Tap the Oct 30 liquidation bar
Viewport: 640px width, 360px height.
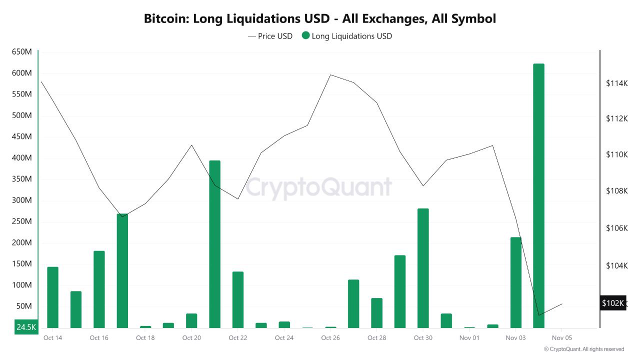tap(423, 268)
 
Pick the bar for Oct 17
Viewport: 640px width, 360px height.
tap(122, 270)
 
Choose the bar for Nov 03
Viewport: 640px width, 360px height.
tap(515, 282)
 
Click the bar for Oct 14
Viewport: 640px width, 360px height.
tap(52, 297)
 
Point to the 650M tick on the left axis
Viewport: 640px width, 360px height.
tap(21, 52)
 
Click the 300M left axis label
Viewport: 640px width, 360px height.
tap(21, 200)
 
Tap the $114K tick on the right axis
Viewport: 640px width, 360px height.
tap(616, 83)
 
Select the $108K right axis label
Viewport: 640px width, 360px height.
tap(616, 191)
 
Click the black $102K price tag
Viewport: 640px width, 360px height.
tap(612, 303)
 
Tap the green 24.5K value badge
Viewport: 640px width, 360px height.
tap(26, 327)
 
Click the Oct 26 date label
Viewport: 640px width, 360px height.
tap(330, 338)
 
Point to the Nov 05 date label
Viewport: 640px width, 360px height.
tap(561, 338)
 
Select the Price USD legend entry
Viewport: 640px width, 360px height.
tap(270, 36)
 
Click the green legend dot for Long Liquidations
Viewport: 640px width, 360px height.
tap(305, 36)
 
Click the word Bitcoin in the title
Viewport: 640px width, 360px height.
tap(165, 19)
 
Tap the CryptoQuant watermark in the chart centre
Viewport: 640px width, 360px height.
tap(319, 187)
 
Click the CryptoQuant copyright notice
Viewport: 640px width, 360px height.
tap(583, 349)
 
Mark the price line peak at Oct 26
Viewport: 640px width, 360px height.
tap(330, 75)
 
